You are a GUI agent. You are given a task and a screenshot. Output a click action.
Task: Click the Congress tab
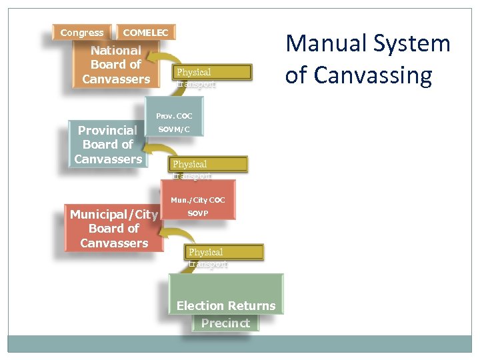(81, 33)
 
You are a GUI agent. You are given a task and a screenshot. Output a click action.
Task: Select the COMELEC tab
(146, 33)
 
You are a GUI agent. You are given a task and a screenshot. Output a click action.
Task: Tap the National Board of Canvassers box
(116, 65)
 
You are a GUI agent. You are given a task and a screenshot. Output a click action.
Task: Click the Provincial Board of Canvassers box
(108, 144)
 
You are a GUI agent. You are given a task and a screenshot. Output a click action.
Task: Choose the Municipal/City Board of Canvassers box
(114, 229)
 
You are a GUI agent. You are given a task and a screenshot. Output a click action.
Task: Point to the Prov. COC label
(174, 116)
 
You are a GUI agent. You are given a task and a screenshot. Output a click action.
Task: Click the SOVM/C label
(174, 129)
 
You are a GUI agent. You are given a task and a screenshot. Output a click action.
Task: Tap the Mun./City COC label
(197, 200)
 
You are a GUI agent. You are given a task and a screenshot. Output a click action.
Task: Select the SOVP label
(197, 213)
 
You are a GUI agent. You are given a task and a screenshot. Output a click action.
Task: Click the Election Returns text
(225, 306)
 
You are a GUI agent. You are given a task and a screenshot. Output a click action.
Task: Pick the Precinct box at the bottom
(225, 323)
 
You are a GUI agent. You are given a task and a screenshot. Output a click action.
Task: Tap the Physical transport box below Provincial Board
(209, 165)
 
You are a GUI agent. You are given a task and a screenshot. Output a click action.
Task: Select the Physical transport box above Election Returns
(225, 253)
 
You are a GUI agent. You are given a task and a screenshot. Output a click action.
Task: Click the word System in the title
(412, 44)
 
